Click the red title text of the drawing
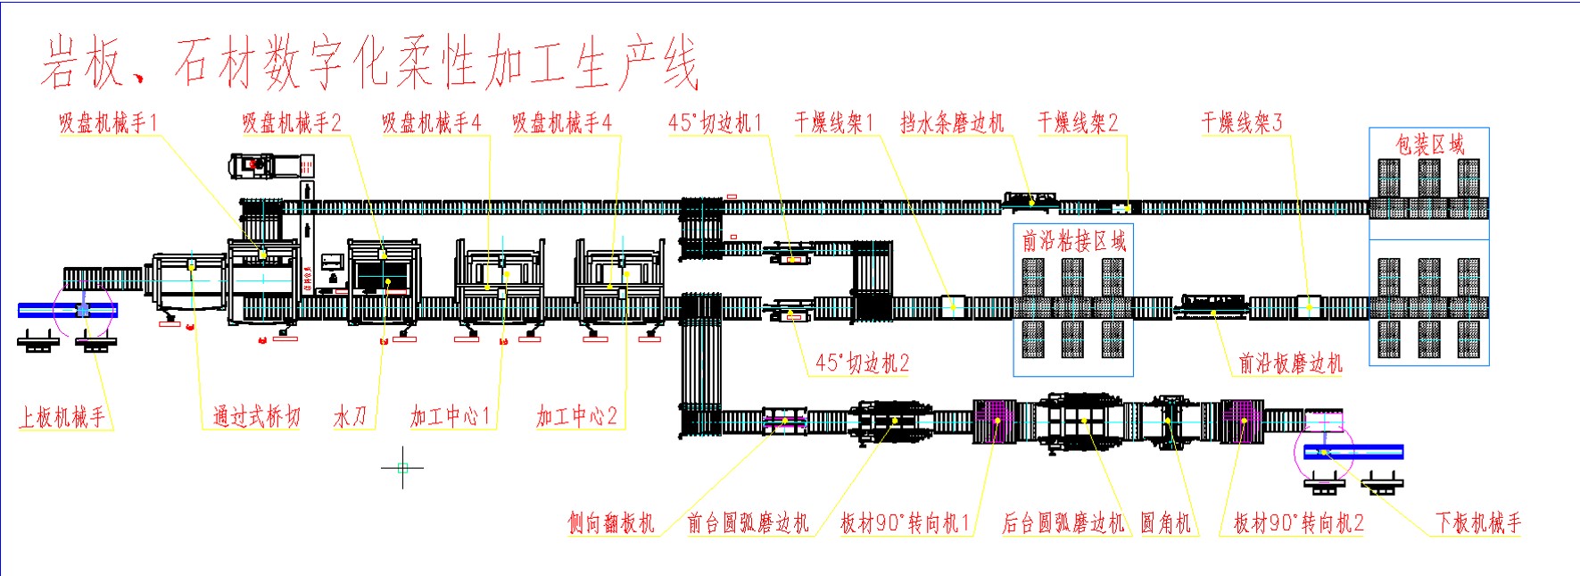[368, 64]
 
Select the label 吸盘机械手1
[108, 123]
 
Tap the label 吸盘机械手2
[292, 123]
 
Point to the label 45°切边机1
[716, 123]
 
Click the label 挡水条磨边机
[952, 123]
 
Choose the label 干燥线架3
[1242, 123]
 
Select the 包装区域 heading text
[1429, 145]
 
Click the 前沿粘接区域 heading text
[1073, 240]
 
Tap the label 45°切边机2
[862, 363]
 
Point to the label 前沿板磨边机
[1290, 363]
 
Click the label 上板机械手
[62, 417]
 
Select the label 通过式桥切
[256, 417]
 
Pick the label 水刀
[350, 417]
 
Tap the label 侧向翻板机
[611, 523]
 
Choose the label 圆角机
[1166, 523]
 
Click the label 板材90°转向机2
[1298, 523]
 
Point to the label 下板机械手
[1477, 523]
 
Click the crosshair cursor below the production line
[402, 467]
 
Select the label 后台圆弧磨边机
[1063, 523]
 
